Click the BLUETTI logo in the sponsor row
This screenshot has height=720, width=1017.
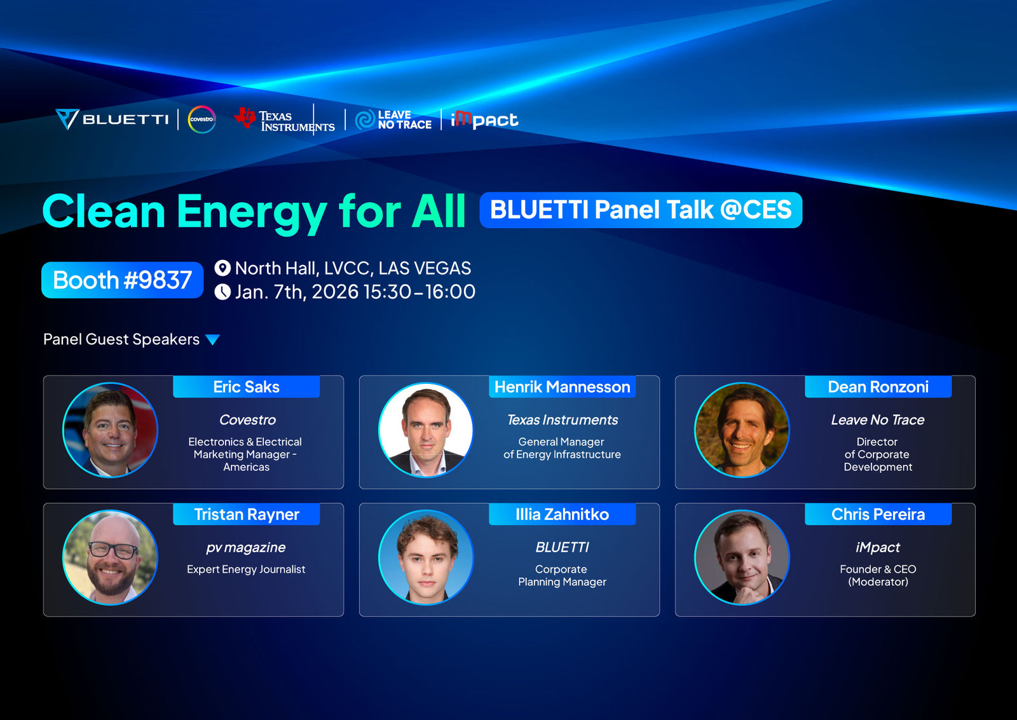(x=112, y=119)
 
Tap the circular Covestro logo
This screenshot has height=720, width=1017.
(x=201, y=119)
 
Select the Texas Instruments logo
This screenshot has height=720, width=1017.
(x=285, y=120)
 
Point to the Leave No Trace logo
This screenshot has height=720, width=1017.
(x=393, y=120)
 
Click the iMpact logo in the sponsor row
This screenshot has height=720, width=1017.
(x=484, y=120)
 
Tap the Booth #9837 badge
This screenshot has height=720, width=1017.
(x=122, y=280)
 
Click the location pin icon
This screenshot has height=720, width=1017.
(x=222, y=268)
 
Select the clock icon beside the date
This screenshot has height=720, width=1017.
(x=222, y=292)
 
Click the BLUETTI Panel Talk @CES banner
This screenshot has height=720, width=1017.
(x=641, y=210)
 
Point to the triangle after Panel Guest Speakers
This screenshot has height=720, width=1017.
(x=212, y=339)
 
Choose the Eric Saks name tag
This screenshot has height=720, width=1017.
(x=247, y=387)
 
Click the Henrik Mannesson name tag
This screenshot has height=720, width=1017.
(x=562, y=387)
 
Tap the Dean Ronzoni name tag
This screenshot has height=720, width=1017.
(x=878, y=387)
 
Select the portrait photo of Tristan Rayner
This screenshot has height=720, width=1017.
(x=111, y=557)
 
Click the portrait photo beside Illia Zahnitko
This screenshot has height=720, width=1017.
(x=426, y=557)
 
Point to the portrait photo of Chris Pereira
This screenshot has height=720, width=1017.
(x=742, y=557)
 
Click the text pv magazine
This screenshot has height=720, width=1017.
(x=246, y=548)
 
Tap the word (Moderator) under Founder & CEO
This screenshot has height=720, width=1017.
(x=878, y=581)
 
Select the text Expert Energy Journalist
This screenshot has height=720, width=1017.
(x=246, y=569)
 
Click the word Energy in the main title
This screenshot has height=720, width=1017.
(x=252, y=212)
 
